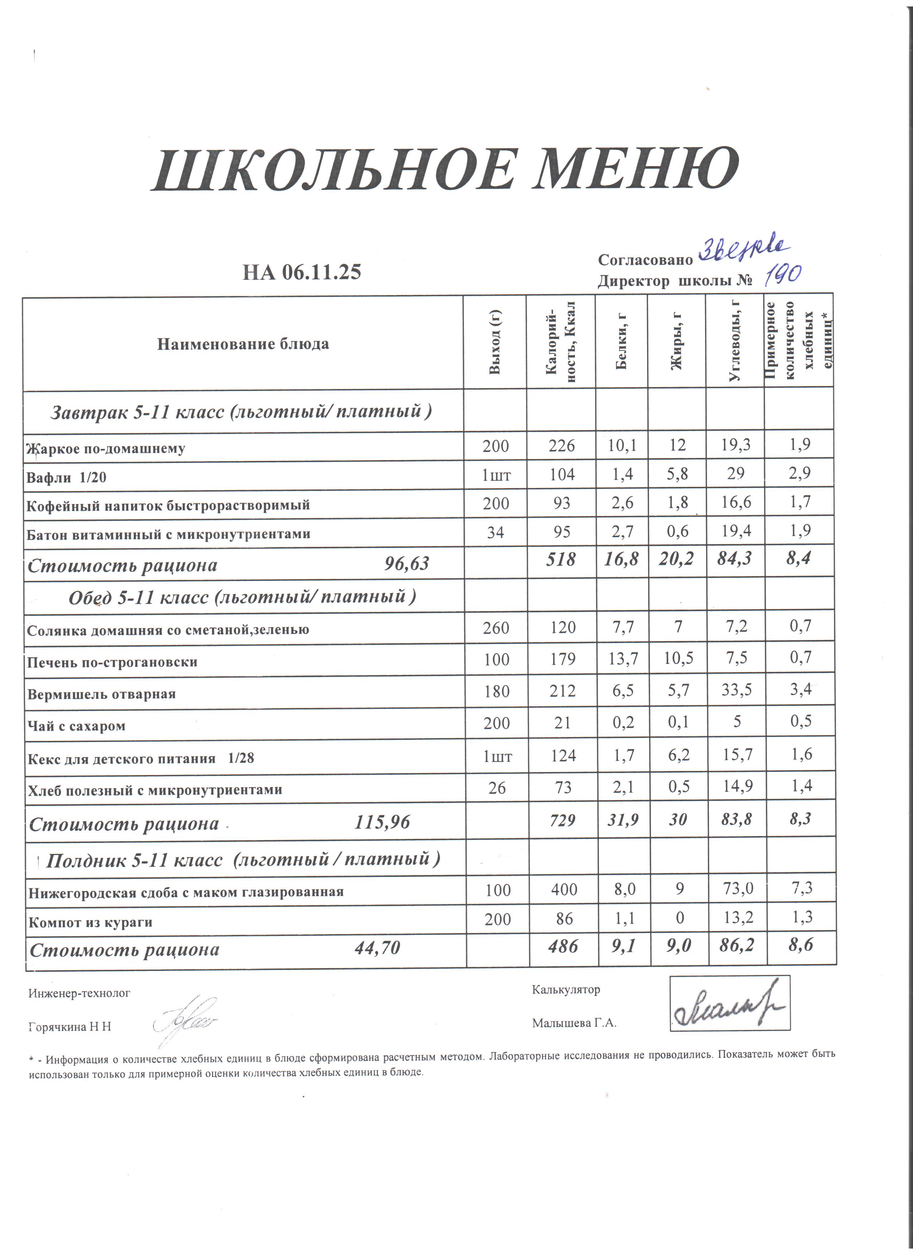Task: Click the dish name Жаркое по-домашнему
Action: tap(106, 448)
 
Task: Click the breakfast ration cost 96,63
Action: tap(406, 564)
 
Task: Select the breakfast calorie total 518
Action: tap(561, 560)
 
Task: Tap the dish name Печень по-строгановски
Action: tap(112, 662)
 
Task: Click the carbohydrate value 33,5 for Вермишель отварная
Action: tap(736, 690)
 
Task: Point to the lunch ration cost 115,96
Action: tap(382, 822)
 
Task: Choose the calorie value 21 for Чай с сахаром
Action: tap(562, 723)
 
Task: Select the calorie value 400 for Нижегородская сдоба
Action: tap(563, 889)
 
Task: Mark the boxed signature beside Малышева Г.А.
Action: tap(730, 1002)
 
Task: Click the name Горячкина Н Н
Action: tap(70, 1026)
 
